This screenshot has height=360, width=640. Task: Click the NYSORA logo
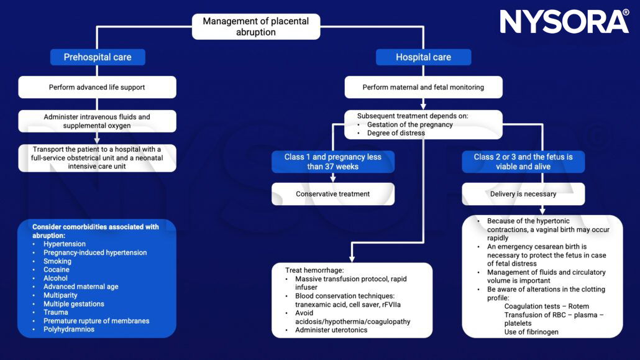564,22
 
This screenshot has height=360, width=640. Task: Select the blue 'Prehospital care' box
98,57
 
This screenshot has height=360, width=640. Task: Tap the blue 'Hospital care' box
423,57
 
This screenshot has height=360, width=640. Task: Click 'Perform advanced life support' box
97,87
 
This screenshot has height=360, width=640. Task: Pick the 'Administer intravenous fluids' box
97,121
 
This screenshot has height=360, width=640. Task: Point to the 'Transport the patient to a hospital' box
97,158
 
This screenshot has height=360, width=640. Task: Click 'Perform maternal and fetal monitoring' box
423,87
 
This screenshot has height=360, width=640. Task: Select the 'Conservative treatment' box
332,194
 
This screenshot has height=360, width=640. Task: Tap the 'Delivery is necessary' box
523,194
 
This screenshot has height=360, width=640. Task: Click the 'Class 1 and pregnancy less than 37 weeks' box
332,162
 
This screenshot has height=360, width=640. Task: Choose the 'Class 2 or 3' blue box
523,162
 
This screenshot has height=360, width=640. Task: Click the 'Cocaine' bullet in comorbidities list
57,270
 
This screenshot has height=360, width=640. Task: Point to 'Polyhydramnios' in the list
69,330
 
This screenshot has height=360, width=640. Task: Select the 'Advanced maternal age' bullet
81,287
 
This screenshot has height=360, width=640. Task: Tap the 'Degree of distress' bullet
396,133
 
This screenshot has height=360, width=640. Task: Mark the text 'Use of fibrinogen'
531,332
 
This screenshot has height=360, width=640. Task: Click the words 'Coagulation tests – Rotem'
547,307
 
